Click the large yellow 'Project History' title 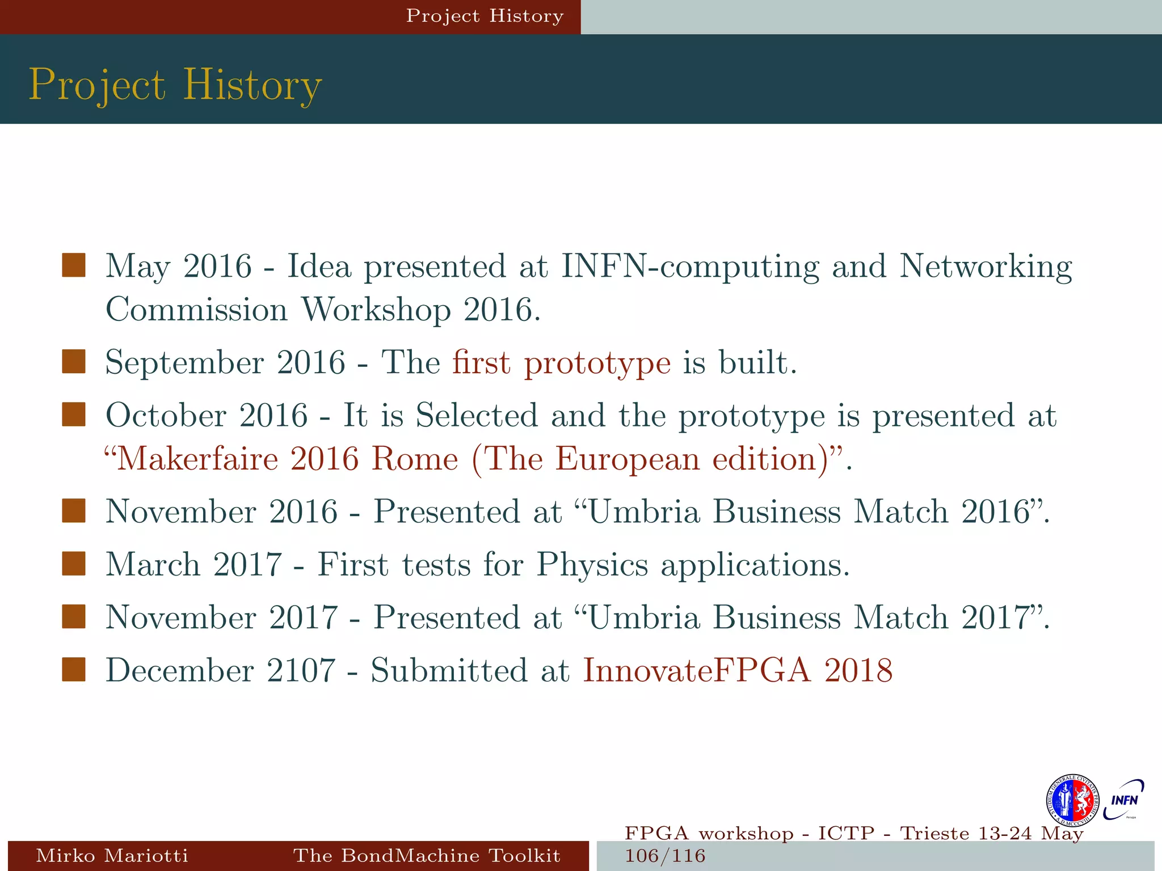pos(175,85)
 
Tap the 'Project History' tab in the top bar pos(485,16)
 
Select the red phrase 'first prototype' pos(561,362)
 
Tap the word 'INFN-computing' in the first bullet pos(689,266)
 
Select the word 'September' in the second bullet pos(184,362)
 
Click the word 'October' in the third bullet pos(166,415)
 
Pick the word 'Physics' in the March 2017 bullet pos(592,565)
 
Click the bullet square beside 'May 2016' pos(74,265)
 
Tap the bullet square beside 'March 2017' pos(74,564)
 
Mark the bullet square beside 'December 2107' pos(74,669)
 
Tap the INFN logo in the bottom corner pos(1124,800)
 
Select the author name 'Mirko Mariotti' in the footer pos(112,855)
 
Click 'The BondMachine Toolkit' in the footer pos(427,855)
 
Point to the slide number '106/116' pos(665,856)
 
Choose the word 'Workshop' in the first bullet pos(376,310)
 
